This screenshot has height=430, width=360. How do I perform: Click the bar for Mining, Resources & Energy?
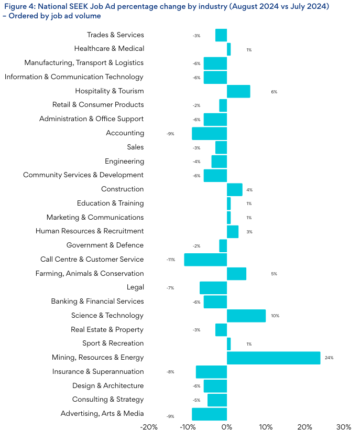(274, 358)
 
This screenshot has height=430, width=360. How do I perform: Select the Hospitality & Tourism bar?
(238, 91)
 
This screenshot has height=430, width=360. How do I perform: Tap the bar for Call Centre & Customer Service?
(205, 260)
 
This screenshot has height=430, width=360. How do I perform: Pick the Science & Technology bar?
(246, 316)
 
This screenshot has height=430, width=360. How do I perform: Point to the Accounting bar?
(209, 133)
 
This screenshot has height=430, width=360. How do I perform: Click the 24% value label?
(329, 358)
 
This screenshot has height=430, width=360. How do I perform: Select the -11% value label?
(171, 260)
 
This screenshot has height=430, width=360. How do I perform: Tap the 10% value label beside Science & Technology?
(275, 316)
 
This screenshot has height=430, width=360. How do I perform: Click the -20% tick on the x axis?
(149, 426)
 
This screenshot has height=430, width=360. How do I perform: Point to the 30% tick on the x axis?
(344, 426)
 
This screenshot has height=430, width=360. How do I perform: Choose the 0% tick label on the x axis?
(227, 426)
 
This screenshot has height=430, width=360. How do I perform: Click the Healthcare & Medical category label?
(109, 49)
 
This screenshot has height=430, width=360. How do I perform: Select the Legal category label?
(135, 287)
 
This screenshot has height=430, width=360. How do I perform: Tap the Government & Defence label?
(105, 245)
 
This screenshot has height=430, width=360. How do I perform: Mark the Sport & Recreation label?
(113, 343)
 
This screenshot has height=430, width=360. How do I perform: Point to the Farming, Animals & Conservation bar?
(236, 274)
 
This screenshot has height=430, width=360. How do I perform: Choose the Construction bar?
(235, 189)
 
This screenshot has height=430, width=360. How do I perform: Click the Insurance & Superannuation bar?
(211, 372)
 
